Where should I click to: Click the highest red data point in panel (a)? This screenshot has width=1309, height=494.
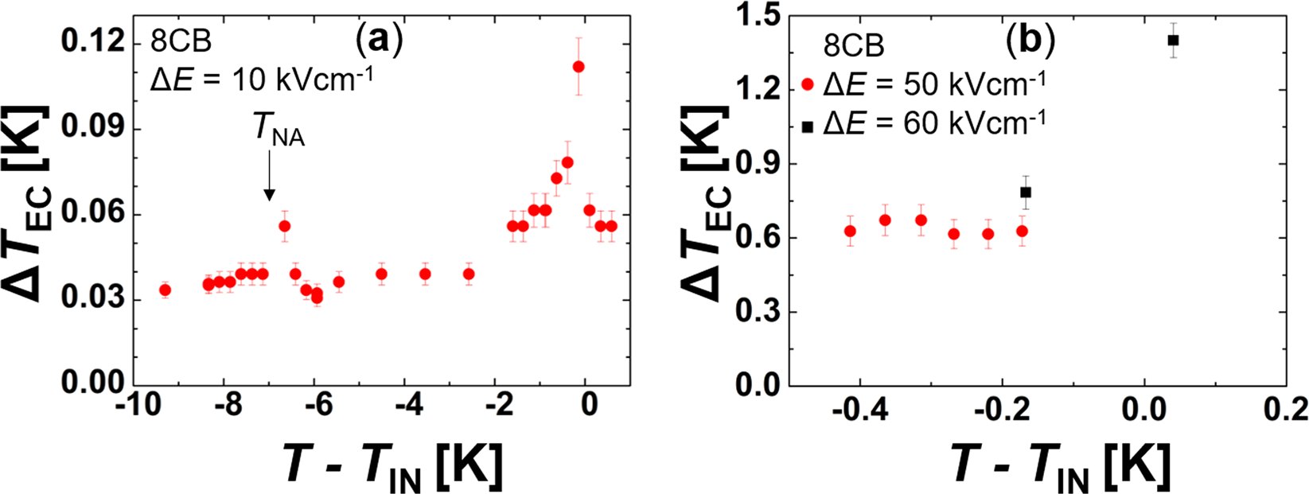579,67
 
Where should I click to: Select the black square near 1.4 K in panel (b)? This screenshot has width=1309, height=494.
1173,40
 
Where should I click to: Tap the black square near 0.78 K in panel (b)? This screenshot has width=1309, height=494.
1026,192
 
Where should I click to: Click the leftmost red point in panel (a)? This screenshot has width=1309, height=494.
165,290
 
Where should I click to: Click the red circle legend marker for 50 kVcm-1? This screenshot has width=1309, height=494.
808,84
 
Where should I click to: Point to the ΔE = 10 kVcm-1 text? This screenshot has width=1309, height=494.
261,80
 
